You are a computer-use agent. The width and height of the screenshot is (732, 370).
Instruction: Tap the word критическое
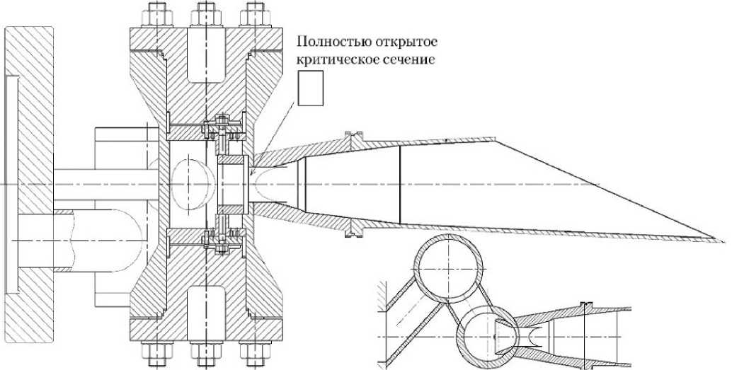click(336, 61)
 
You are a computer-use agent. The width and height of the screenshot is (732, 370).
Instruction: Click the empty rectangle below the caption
click(310, 88)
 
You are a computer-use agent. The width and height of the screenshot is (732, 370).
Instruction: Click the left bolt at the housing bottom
click(156, 353)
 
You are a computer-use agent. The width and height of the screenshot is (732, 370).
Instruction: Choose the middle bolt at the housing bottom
click(205, 353)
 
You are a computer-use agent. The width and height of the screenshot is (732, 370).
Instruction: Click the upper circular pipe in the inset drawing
click(450, 270)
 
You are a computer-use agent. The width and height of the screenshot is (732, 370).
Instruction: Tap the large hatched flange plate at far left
click(28, 170)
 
